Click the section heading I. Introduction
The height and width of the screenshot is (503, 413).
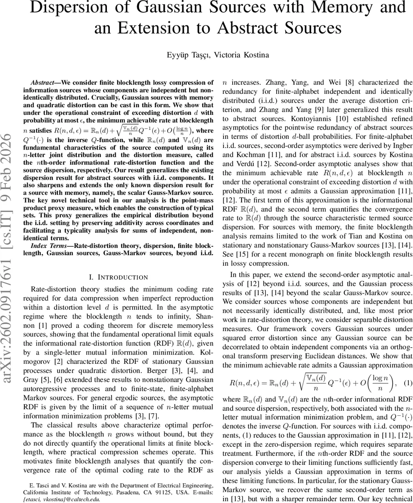(x=119, y=277)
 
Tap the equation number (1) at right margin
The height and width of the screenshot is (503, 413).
(x=408, y=383)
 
